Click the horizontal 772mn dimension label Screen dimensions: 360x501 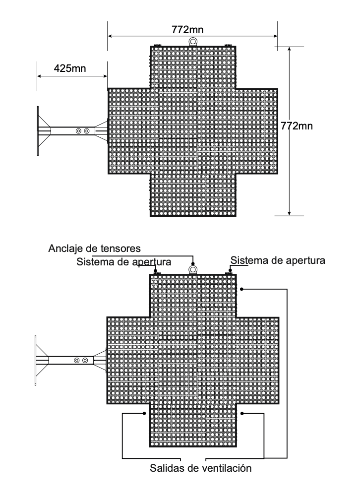[x=187, y=29]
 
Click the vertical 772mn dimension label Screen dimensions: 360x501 [x=297, y=126]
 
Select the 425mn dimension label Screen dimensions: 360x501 [x=69, y=68]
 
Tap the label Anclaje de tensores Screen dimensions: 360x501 [x=94, y=248]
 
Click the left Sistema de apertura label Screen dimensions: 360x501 [x=123, y=262]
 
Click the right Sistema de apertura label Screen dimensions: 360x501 [x=278, y=260]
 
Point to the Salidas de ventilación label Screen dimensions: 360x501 [x=201, y=468]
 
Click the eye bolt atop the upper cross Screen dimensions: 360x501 [x=193, y=42]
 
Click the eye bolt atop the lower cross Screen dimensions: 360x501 [x=192, y=270]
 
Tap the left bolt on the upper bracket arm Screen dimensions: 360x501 [x=78, y=131]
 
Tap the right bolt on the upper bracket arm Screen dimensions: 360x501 [x=87, y=131]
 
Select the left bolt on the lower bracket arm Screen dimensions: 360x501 [x=77, y=361]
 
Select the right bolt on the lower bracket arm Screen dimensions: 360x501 [x=85, y=361]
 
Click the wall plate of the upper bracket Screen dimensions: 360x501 [x=38, y=131]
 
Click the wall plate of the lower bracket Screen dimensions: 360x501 [x=36, y=361]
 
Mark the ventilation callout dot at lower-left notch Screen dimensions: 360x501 [x=144, y=413]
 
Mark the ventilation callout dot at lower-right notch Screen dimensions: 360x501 [x=242, y=414]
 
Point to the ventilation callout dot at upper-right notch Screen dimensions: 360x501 [x=242, y=289]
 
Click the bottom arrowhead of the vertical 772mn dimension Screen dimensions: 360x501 [x=290, y=213]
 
